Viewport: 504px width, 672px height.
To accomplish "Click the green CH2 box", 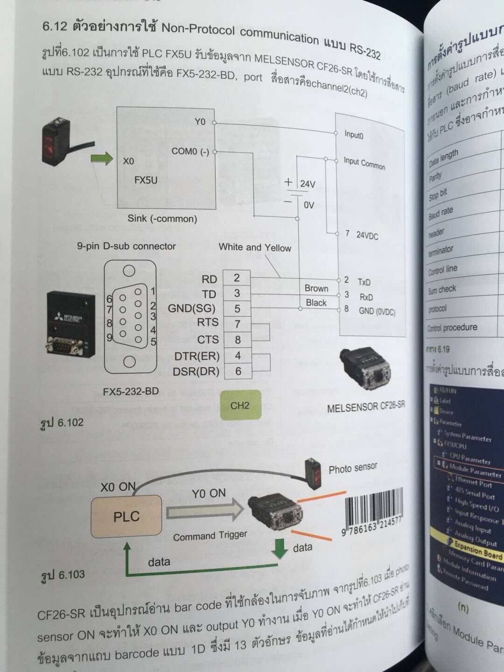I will click(x=240, y=405).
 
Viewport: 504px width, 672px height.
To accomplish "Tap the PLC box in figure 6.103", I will click(x=126, y=516).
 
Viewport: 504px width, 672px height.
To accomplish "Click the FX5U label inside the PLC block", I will click(x=146, y=180).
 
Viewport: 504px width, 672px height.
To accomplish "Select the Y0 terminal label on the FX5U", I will click(x=200, y=122).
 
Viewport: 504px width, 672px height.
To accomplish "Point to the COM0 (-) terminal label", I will click(x=190, y=152).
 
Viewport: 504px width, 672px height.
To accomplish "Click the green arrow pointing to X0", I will click(x=102, y=159).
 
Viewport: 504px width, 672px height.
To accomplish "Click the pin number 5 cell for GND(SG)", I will click(x=237, y=308).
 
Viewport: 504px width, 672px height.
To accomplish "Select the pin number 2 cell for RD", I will click(x=237, y=278).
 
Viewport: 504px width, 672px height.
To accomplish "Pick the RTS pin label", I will click(x=207, y=322).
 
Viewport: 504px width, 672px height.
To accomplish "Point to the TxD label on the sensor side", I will click(x=364, y=282).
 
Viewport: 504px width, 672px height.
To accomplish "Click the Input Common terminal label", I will click(x=364, y=163).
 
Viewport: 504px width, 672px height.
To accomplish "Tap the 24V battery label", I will click(x=308, y=184).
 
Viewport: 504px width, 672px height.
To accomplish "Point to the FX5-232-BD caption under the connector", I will click(x=131, y=392).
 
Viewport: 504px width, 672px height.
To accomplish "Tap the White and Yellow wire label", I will click(x=255, y=247).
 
